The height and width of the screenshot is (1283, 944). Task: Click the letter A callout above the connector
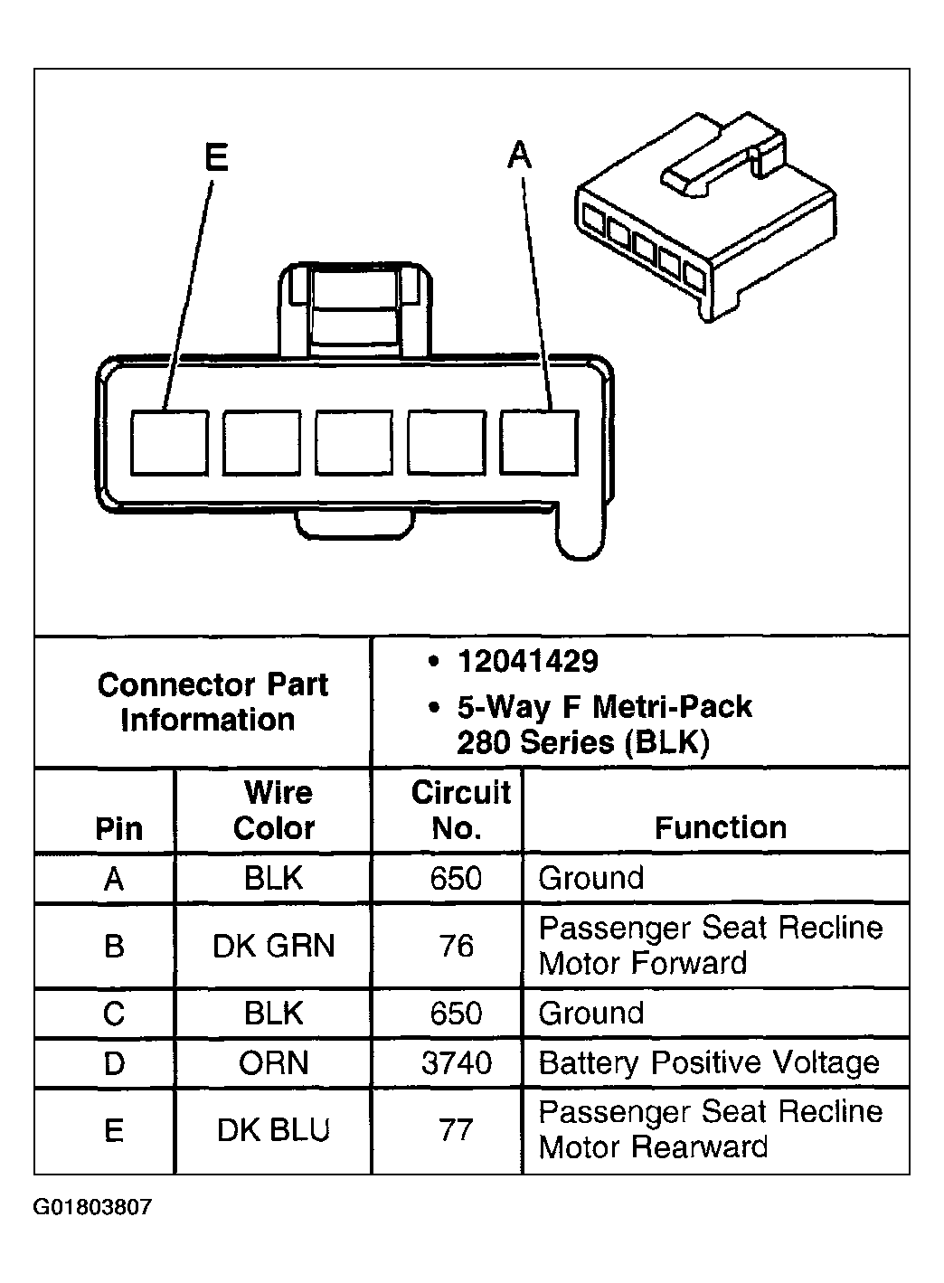(519, 155)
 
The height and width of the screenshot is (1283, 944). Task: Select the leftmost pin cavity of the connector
(170, 442)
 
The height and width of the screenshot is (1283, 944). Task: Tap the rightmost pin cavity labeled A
(539, 442)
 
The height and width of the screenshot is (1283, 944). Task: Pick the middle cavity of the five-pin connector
(354, 442)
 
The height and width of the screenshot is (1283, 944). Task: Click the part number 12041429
(527, 661)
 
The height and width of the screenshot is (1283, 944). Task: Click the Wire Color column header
(274, 810)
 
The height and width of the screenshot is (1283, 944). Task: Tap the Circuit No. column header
(459, 810)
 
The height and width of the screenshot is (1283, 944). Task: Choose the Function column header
(720, 827)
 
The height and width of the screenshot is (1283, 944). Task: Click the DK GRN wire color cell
(274, 946)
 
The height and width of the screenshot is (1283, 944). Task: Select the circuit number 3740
(457, 1063)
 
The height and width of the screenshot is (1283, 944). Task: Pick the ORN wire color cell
(274, 1063)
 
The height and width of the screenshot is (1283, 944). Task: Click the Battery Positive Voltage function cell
(709, 1063)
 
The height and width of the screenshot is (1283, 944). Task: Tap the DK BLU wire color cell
(274, 1130)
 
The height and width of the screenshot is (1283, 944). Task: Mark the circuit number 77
(456, 1130)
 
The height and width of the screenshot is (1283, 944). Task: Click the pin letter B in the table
(114, 946)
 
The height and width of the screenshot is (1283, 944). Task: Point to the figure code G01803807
(93, 1208)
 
